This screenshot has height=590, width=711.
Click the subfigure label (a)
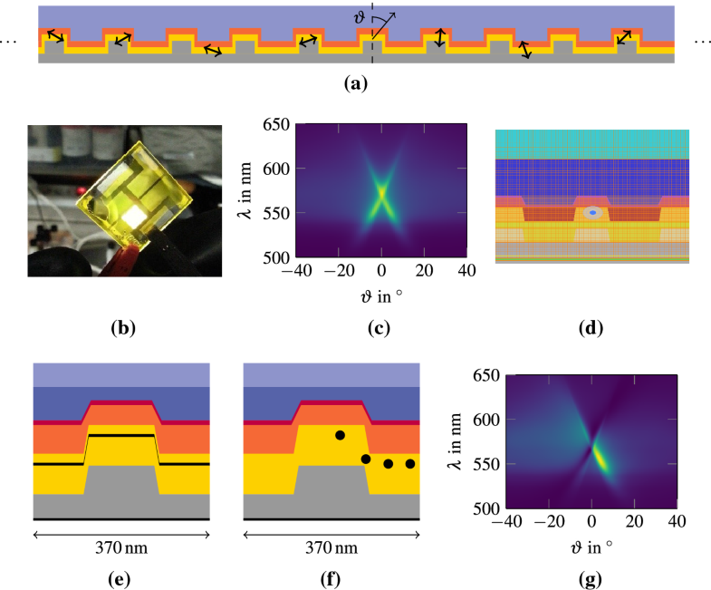(x=354, y=84)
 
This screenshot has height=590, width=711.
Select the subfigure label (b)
(x=123, y=329)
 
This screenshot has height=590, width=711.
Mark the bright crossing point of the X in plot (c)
(x=382, y=191)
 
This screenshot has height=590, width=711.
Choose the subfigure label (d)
(x=591, y=329)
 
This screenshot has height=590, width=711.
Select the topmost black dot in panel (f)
(x=340, y=436)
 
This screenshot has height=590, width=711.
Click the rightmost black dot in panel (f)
(x=409, y=464)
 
